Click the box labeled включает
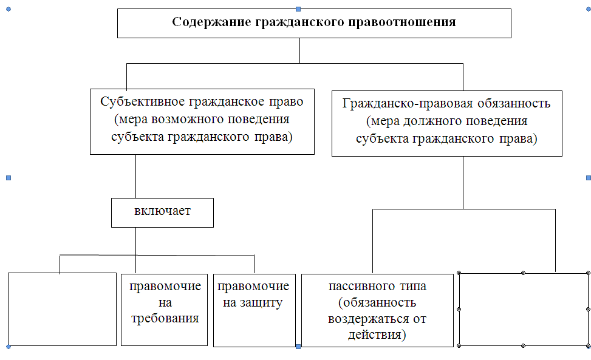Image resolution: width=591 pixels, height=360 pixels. click(162, 212)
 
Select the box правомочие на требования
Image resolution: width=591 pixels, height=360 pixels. click(165, 310)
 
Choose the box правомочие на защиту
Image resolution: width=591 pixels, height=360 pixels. click(255, 310)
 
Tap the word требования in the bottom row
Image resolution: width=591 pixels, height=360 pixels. click(165, 319)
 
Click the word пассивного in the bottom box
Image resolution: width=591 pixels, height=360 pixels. click(357, 286)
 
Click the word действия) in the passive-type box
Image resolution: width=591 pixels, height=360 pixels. click(377, 335)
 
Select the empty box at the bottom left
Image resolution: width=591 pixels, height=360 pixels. click(62, 309)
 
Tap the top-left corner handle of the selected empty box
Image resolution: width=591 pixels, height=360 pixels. click(459, 273)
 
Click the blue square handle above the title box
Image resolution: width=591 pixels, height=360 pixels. click(298, 8)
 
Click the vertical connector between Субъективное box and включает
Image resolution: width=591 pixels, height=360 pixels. click(135, 176)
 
